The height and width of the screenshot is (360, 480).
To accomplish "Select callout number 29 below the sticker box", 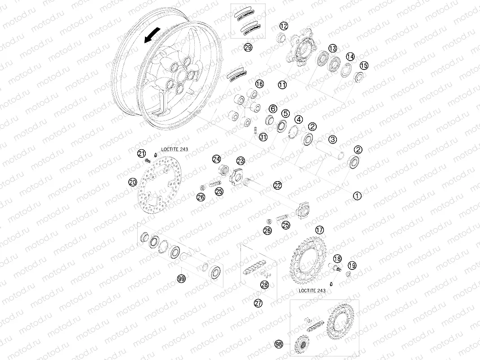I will pyautogui.click(x=248, y=47).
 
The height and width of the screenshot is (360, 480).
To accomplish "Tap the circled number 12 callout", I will pyautogui.click(x=284, y=26).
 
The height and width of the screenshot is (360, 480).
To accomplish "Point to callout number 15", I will pyautogui.click(x=364, y=65).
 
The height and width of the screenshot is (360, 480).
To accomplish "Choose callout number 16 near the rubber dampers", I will pyautogui.click(x=259, y=84).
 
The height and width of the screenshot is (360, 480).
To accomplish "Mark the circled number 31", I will pyautogui.click(x=263, y=137).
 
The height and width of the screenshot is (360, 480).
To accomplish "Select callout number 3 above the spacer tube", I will pyautogui.click(x=332, y=139).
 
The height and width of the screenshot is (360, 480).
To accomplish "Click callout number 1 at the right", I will pyautogui.click(x=357, y=195).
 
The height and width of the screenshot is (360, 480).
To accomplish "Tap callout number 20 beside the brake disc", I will pyautogui.click(x=132, y=182).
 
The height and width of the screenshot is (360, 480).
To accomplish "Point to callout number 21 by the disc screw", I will pyautogui.click(x=142, y=153).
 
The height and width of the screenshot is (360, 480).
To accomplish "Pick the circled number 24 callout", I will pyautogui.click(x=217, y=159).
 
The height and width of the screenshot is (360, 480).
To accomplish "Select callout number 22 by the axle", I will pyautogui.click(x=278, y=185).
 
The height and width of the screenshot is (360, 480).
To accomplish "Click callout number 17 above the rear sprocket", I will pyautogui.click(x=319, y=230).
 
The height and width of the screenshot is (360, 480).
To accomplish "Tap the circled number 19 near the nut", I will pyautogui.click(x=352, y=265).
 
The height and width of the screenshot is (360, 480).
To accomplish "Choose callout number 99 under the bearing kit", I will pyautogui.click(x=181, y=279).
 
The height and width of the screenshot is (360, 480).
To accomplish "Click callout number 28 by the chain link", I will pyautogui.click(x=264, y=285).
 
